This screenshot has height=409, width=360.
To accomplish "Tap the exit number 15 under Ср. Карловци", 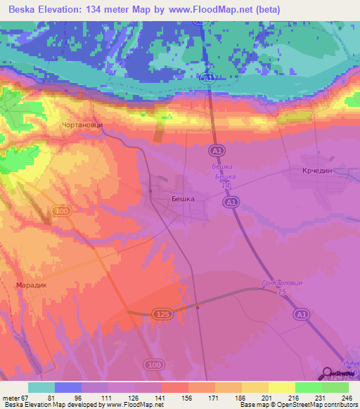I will (x=281, y=291).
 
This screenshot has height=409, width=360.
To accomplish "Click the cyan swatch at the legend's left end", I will (x=41, y=387).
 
